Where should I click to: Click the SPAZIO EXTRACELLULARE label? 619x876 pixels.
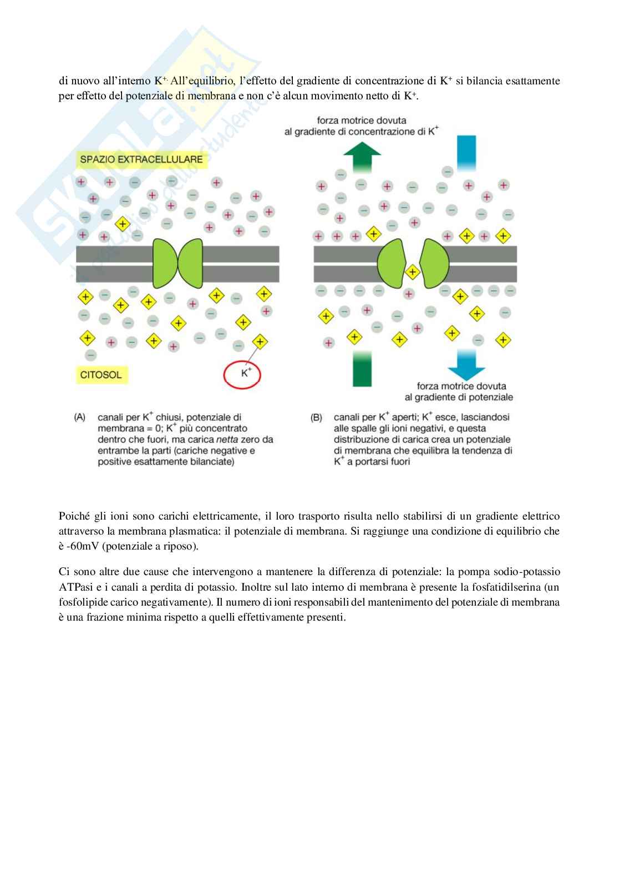141,160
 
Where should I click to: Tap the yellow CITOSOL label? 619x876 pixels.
100,375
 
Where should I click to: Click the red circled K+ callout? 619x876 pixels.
242,374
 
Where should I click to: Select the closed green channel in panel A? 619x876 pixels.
177,263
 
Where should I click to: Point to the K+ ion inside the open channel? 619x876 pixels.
412,272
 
